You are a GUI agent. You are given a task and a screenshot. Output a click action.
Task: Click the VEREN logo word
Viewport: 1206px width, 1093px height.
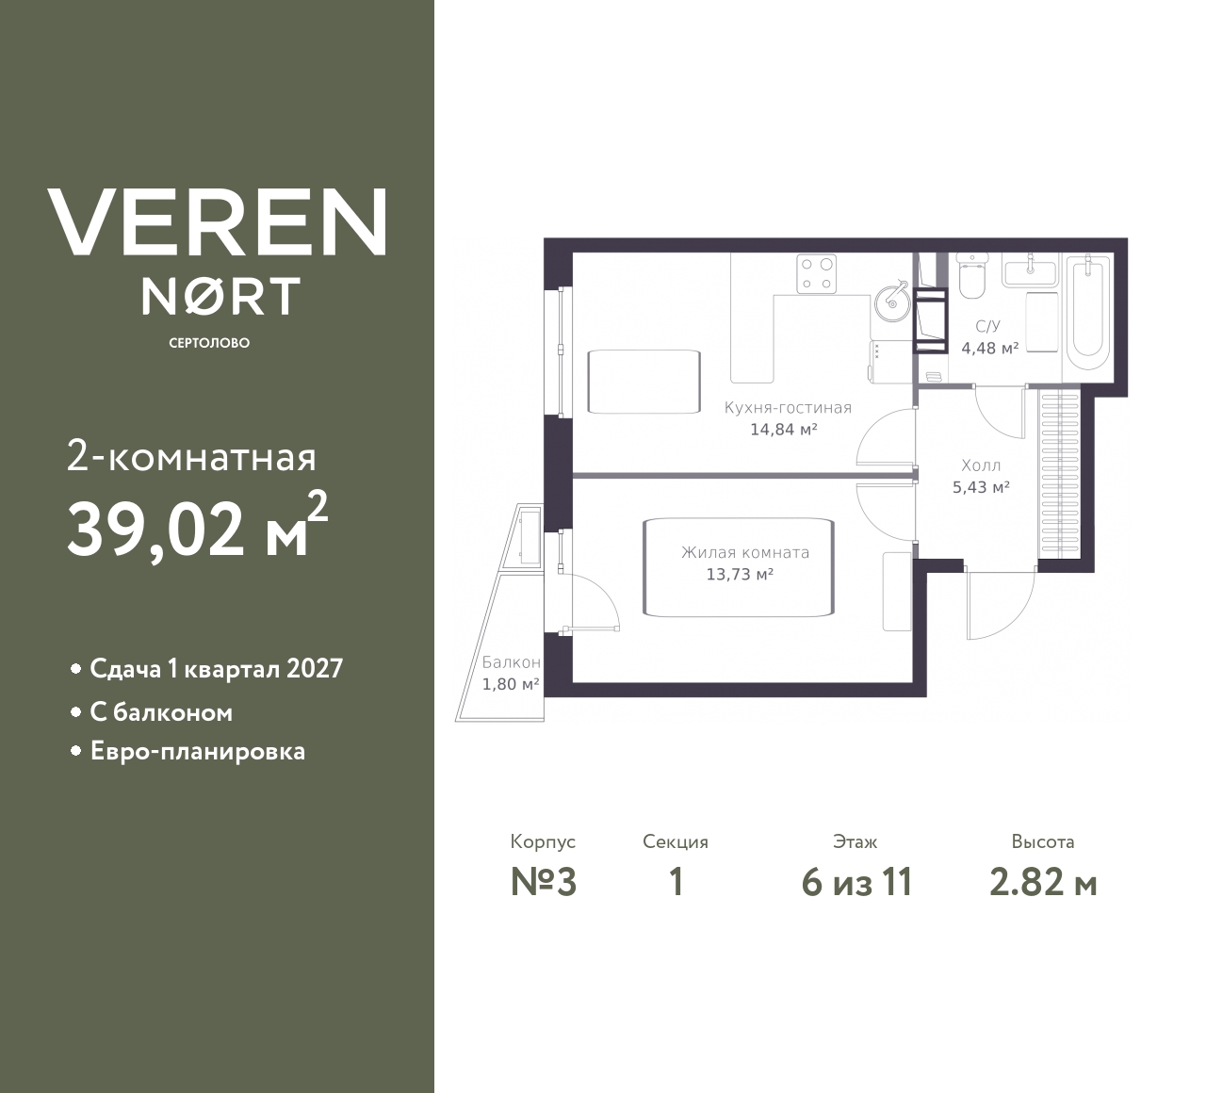(x=218, y=222)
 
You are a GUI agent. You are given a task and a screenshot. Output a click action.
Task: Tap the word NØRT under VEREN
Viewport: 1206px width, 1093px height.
(x=220, y=296)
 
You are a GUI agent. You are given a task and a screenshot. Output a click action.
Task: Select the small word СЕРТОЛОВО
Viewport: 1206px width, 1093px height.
(x=209, y=343)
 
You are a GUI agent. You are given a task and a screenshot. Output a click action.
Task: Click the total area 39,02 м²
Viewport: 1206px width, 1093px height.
(x=197, y=530)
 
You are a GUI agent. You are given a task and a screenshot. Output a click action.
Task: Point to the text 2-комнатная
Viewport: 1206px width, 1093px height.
(x=191, y=458)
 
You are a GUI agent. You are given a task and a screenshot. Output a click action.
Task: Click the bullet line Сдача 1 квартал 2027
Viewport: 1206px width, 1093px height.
(x=216, y=669)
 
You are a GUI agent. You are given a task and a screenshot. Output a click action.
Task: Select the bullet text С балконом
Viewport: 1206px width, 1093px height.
(x=161, y=712)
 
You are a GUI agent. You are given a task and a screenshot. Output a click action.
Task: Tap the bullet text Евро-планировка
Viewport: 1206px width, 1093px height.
(x=197, y=752)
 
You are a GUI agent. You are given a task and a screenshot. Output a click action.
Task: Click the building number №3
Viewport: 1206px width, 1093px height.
(x=543, y=882)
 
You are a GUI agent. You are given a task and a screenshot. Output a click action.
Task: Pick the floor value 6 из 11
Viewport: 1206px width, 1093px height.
(x=856, y=882)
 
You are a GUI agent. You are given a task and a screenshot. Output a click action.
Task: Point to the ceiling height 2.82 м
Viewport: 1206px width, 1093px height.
(x=1043, y=882)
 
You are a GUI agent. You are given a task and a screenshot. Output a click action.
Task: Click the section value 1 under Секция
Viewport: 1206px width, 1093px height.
(x=676, y=882)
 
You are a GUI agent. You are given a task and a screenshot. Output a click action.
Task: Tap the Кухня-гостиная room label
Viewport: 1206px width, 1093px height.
(x=788, y=408)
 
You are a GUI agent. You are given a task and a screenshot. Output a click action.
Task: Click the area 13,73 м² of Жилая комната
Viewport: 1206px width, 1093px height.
(x=740, y=574)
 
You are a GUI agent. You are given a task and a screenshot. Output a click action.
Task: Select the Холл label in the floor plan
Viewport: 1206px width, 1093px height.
(x=981, y=465)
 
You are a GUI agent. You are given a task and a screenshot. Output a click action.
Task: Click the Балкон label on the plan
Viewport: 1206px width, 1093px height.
(x=511, y=662)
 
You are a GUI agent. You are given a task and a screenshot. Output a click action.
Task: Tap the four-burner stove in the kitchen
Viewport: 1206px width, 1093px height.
(x=817, y=273)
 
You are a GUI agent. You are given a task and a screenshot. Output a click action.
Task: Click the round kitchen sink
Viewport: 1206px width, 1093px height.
(x=889, y=300)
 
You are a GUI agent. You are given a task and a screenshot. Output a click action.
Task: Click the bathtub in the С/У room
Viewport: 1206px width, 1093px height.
(x=1087, y=314)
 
